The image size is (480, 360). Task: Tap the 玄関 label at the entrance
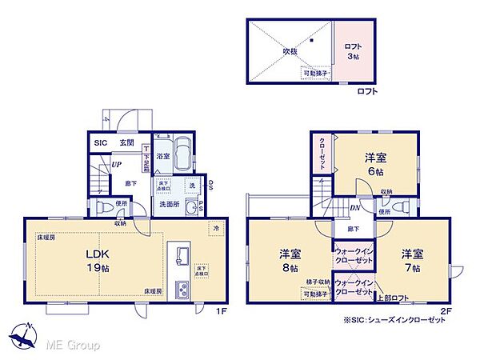(126, 142)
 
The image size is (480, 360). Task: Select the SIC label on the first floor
(101, 142)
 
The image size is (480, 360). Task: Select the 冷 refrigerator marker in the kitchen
(216, 227)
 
